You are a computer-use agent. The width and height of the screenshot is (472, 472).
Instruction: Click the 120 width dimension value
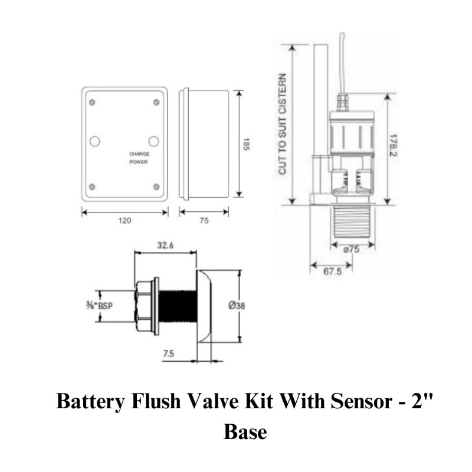[x=124, y=221]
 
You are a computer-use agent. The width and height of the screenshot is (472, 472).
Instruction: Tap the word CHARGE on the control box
[x=139, y=154]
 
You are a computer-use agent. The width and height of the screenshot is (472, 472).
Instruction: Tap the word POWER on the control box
[x=139, y=162]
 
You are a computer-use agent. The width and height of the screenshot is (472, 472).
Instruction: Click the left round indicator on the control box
[x=94, y=142]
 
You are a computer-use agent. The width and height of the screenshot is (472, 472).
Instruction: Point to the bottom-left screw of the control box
[x=92, y=188]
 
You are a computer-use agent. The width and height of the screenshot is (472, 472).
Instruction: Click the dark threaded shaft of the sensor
[x=177, y=306]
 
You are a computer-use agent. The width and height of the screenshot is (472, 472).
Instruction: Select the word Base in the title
[x=245, y=432]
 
